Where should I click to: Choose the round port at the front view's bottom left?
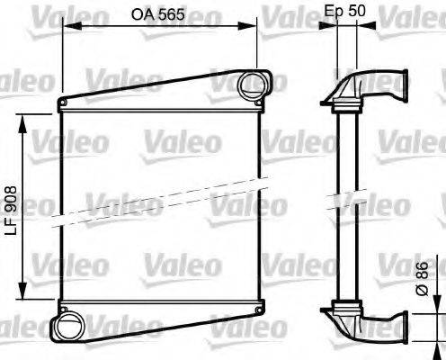[x=67, y=325]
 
